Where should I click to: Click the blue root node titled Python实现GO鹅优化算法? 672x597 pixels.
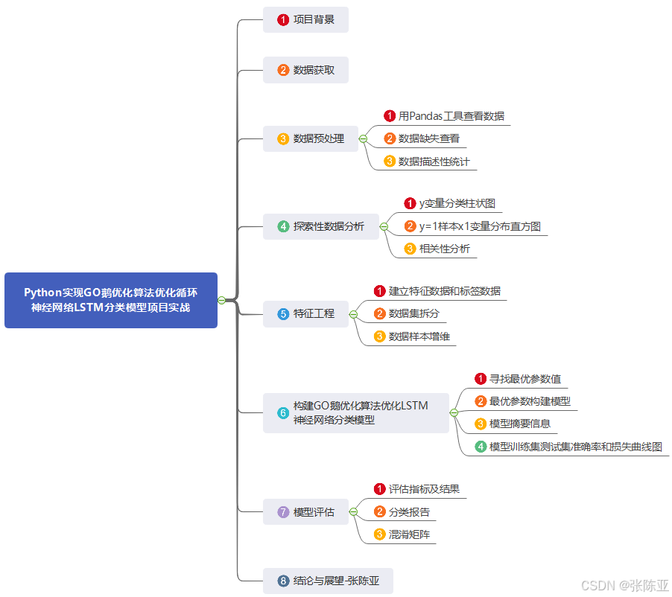point(110,300)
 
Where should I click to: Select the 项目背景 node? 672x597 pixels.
point(305,19)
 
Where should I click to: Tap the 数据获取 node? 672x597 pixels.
point(305,70)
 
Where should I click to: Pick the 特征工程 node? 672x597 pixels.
point(305,313)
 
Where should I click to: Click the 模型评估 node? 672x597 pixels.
point(305,512)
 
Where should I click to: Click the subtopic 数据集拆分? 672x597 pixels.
point(413,313)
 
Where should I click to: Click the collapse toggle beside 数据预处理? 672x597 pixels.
point(363,139)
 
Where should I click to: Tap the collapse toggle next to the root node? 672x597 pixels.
point(221,300)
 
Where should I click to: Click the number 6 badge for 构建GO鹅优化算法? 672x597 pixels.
point(283,413)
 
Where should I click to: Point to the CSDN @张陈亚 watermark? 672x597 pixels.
point(625,585)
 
